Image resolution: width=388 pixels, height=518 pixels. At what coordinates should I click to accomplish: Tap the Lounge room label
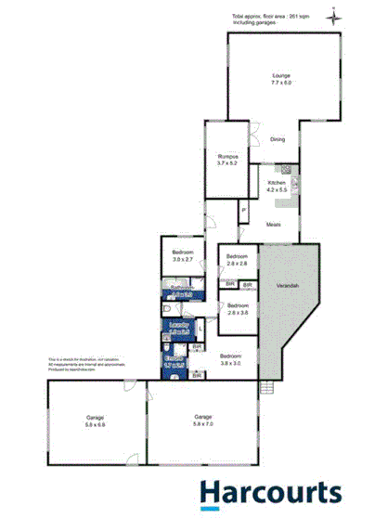281,80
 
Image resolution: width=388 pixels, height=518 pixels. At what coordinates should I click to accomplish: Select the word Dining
278,140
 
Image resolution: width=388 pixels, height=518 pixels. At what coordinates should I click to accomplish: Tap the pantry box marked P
243,211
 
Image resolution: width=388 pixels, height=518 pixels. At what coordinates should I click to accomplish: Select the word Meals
274,225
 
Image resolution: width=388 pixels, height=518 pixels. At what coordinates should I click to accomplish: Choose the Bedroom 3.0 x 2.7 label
183,256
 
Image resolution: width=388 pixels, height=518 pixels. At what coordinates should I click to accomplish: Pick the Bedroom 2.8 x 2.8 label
238,260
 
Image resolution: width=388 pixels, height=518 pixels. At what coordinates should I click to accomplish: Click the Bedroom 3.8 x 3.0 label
231,358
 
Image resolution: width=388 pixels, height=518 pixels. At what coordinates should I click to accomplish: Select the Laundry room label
178,327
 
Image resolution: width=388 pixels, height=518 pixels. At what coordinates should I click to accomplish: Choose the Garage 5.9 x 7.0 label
203,421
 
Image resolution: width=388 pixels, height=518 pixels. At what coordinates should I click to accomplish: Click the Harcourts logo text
271,491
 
